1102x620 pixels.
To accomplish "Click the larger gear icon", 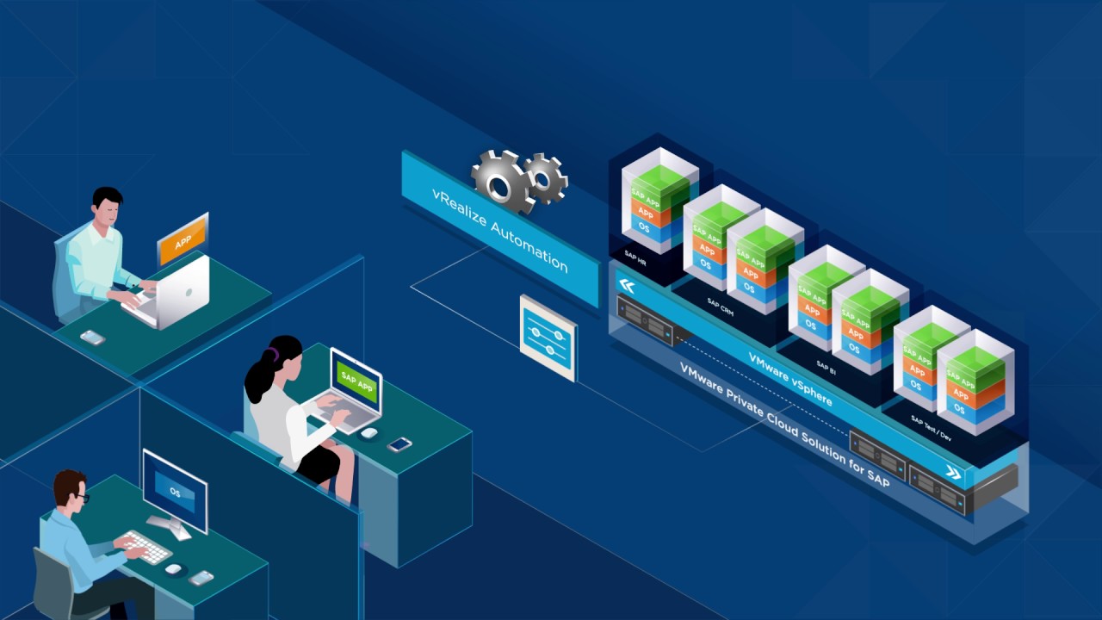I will tap(502, 179).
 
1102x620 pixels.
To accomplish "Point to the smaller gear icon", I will tap(546, 177).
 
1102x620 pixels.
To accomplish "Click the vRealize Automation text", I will tap(500, 228).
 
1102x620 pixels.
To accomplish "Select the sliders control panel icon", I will tap(548, 338).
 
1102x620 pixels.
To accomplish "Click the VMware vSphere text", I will tap(789, 378).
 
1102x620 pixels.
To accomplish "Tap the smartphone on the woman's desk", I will tap(399, 444).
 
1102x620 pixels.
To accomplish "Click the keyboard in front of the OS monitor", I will tap(145, 546).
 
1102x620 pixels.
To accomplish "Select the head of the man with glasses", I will tap(68, 489).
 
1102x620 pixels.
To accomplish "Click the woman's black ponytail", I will tap(258, 378).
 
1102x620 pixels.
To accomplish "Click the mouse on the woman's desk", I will tap(368, 432).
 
